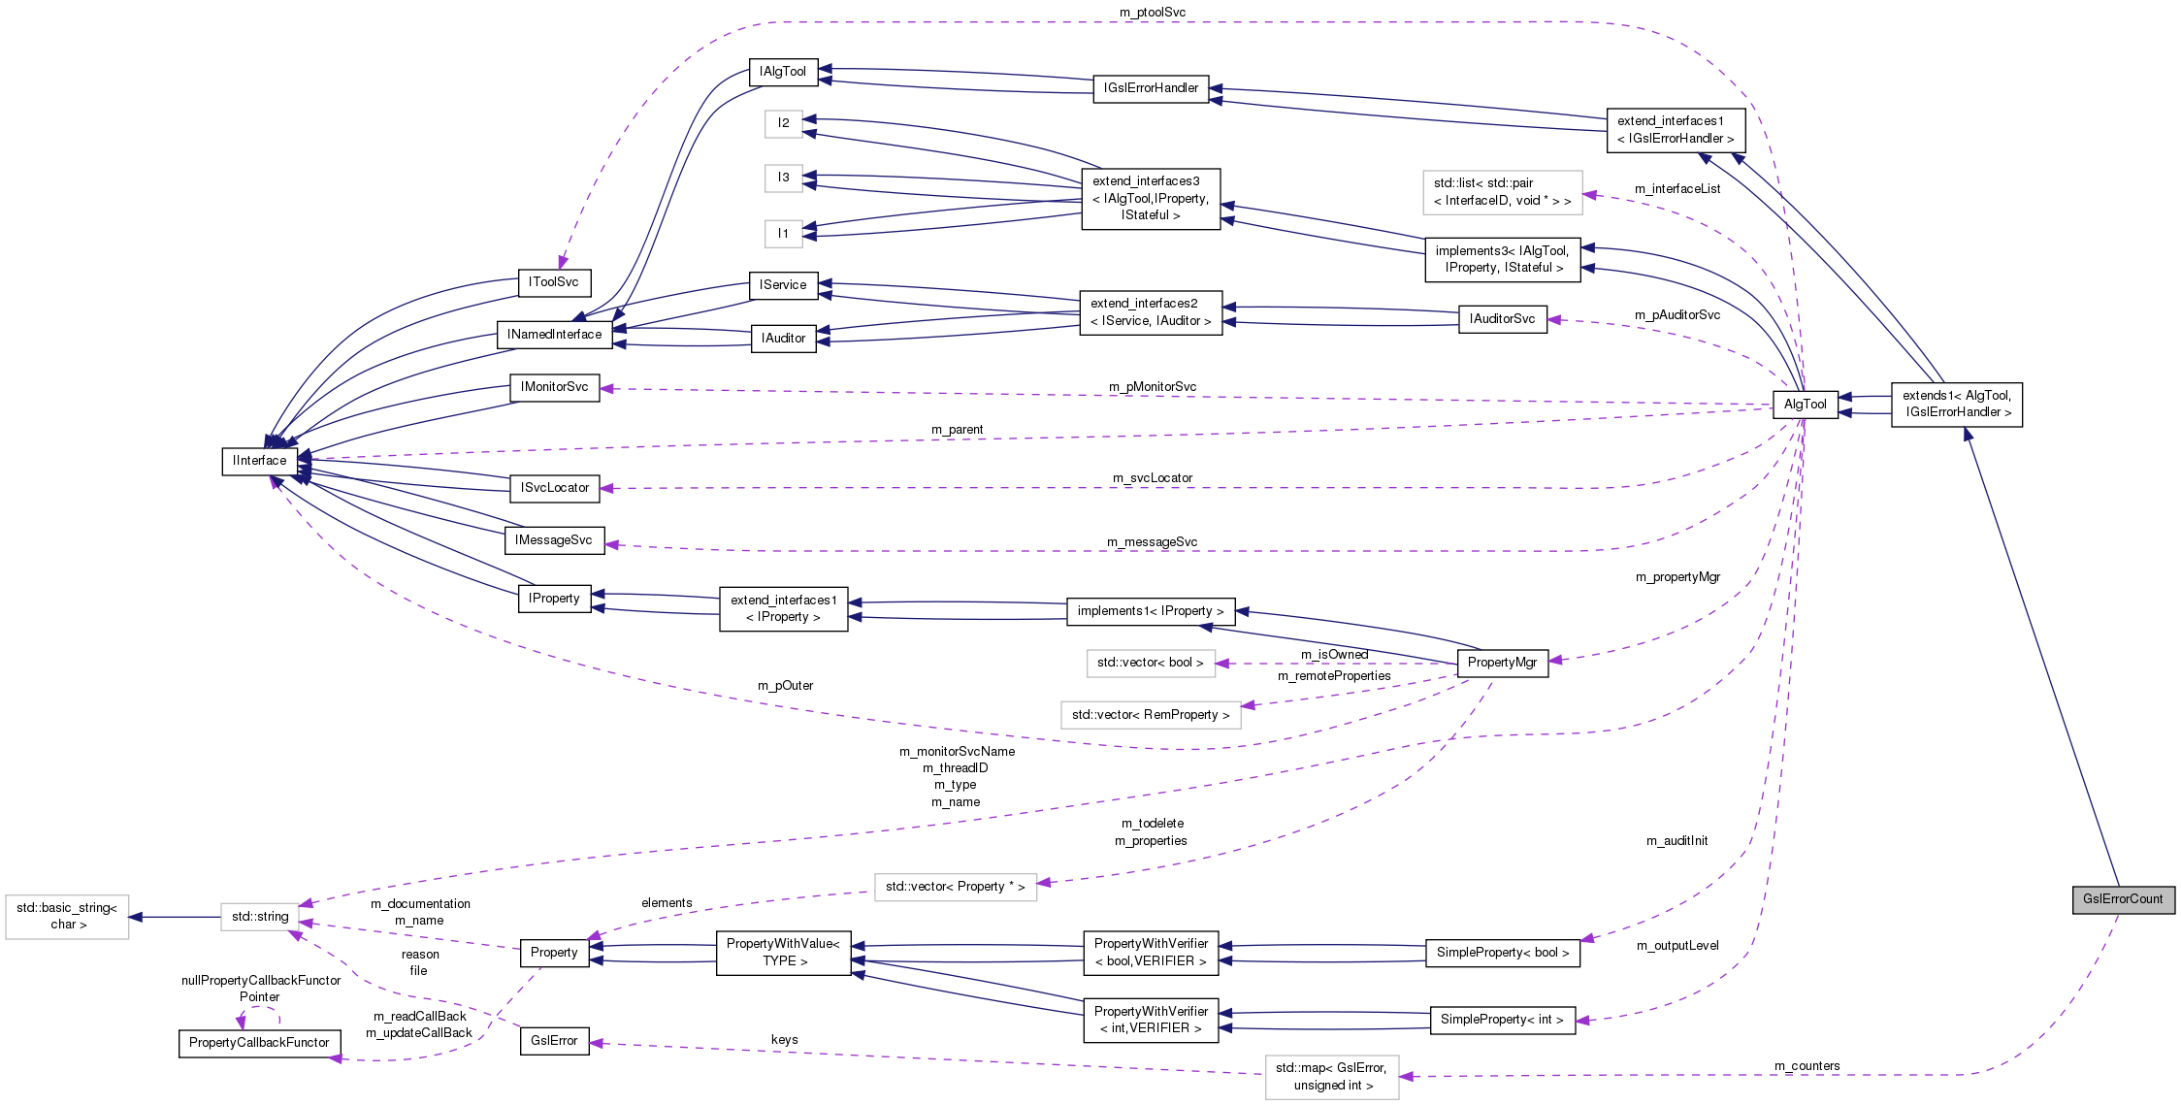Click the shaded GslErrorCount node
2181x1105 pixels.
click(2123, 899)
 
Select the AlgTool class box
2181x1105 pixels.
click(1805, 405)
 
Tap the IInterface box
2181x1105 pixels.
click(259, 461)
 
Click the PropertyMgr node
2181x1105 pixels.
click(1502, 663)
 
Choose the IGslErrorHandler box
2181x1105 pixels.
click(1151, 88)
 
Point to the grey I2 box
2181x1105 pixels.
click(783, 123)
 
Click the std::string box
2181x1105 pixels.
click(259, 917)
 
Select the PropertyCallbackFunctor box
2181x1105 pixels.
click(259, 1043)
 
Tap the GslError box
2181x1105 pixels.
click(554, 1041)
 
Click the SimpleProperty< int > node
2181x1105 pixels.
click(1502, 1020)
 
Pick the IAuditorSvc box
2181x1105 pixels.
click(1502, 319)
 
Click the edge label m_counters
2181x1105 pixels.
click(1807, 1066)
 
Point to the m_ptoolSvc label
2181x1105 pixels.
click(1153, 13)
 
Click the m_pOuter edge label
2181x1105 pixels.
click(785, 686)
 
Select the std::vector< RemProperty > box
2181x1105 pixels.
click(1151, 715)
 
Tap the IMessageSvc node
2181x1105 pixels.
click(554, 540)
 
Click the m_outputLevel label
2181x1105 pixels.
click(1677, 946)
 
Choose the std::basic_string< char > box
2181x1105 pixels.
click(67, 917)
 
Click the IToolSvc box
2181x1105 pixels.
click(554, 282)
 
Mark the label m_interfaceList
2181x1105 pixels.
click(1677, 189)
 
